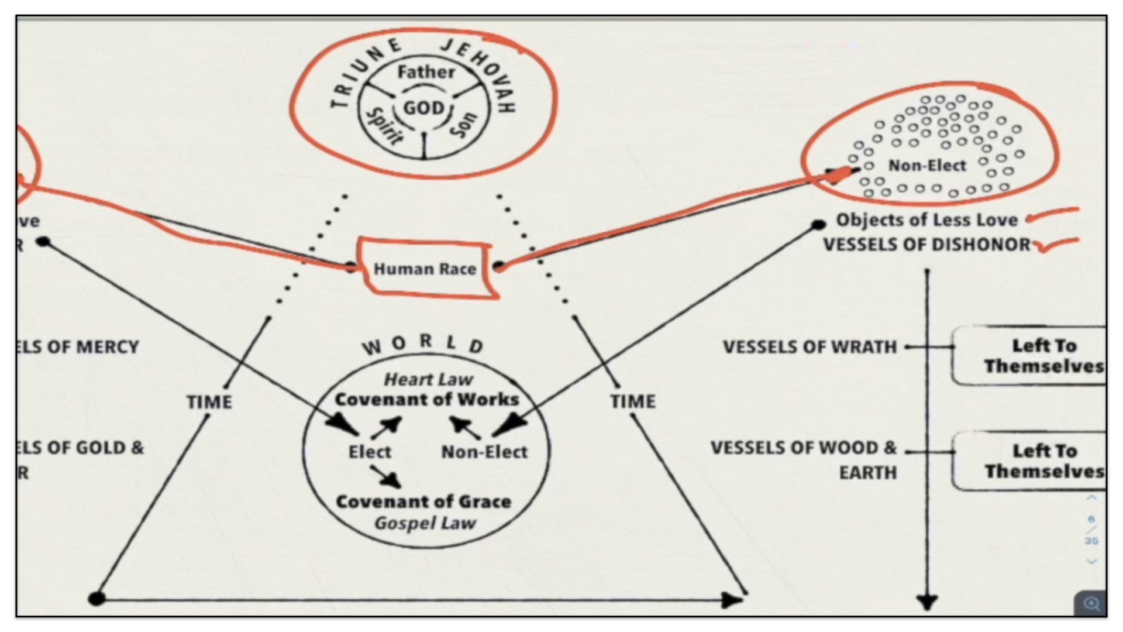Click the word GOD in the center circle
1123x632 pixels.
(424, 108)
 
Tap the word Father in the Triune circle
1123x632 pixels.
(426, 73)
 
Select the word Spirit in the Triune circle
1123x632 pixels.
(384, 126)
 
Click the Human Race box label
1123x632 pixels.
(425, 269)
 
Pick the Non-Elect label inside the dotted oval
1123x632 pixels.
(927, 166)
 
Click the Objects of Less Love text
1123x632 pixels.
(926, 220)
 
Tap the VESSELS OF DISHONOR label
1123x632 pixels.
(926, 245)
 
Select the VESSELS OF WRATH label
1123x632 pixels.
(809, 347)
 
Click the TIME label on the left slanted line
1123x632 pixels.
(209, 402)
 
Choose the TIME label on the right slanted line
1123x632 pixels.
(633, 401)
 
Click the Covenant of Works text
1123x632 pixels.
(426, 400)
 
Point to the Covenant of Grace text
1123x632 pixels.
(423, 502)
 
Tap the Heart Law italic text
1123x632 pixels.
(428, 380)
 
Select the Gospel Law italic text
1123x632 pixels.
(425, 523)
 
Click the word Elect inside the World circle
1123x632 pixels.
(370, 452)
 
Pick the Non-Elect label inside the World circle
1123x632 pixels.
(484, 452)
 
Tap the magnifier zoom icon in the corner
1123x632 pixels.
(1091, 603)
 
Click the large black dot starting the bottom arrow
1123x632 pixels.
(97, 599)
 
